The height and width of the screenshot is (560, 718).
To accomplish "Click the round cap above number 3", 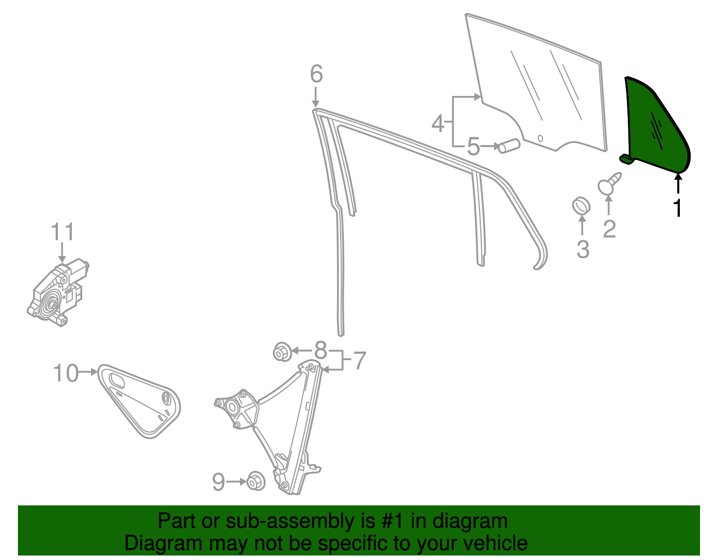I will point(581,206).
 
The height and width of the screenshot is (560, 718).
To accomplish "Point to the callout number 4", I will point(438,123).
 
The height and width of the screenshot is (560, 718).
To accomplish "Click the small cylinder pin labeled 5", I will point(509,146).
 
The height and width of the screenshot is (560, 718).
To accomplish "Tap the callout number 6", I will point(316,74).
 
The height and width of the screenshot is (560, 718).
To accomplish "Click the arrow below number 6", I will point(316,96).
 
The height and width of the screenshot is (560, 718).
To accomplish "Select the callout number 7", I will point(359,361).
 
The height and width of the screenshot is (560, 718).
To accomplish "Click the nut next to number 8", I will point(283,352).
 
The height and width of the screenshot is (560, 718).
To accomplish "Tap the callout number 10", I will point(66,373).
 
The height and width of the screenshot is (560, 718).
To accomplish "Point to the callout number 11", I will point(62,232).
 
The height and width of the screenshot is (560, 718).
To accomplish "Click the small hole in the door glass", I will point(540,138).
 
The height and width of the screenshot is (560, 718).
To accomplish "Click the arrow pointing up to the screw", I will point(609,206).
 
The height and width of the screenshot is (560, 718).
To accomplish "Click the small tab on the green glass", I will point(626,159).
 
